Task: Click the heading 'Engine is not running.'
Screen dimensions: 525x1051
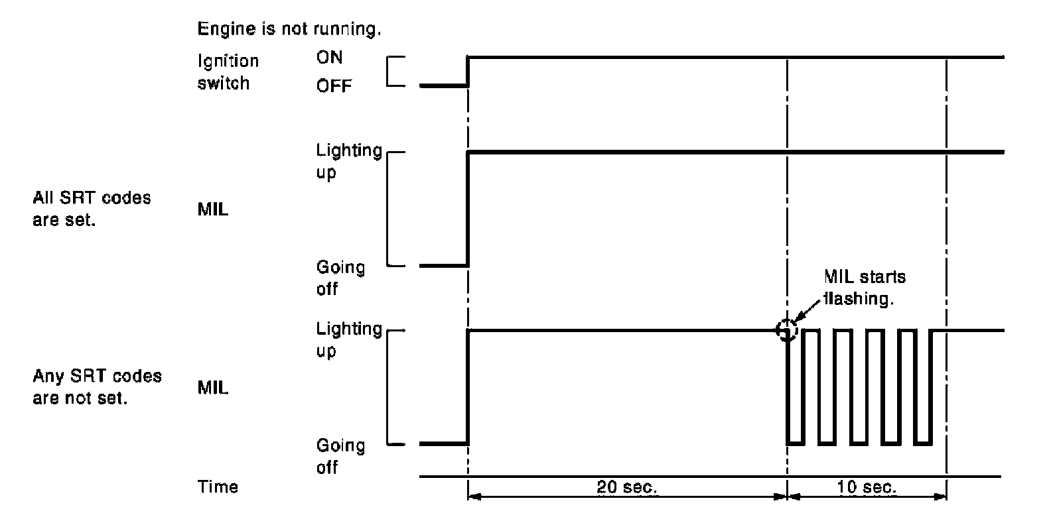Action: pos(289,29)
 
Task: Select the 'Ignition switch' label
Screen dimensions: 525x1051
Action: pos(228,72)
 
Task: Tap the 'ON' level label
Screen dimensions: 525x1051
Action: pos(330,58)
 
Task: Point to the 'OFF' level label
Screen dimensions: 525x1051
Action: pos(334,86)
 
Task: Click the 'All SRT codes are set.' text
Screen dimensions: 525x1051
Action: pos(92,209)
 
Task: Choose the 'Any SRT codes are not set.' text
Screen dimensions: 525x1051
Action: pos(97,387)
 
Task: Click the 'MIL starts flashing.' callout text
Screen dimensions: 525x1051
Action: pos(865,287)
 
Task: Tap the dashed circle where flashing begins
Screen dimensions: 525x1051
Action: pos(787,329)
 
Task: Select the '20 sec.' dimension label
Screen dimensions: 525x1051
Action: pos(627,487)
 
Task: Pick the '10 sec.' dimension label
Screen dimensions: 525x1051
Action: pos(867,487)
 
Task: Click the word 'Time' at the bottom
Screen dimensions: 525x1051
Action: pos(218,487)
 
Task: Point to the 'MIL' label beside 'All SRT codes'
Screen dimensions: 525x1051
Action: pos(213,209)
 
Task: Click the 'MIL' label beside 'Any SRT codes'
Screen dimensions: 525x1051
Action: pos(213,388)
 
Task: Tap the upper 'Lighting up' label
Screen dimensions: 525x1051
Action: pos(348,161)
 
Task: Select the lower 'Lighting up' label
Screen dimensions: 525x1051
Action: pos(348,339)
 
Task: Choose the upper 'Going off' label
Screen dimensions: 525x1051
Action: pos(340,278)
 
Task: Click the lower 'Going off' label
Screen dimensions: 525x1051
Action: pos(340,456)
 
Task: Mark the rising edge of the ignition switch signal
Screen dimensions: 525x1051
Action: pos(468,72)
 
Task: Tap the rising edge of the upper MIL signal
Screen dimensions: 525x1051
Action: pos(468,209)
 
